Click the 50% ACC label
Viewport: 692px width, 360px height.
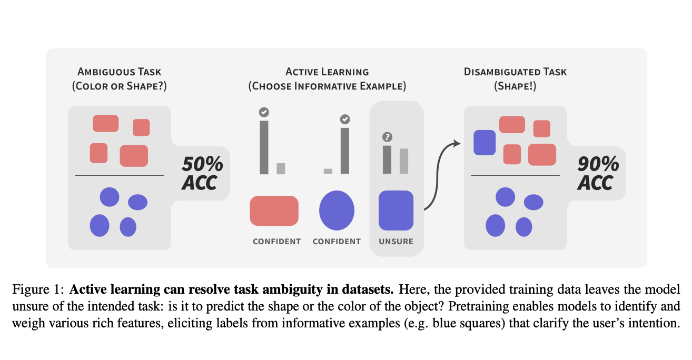pyautogui.click(x=202, y=173)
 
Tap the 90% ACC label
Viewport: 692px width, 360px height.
pyautogui.click(x=598, y=173)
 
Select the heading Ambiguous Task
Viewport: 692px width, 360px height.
pyautogui.click(x=119, y=72)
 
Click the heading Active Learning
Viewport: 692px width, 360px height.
pyautogui.click(x=327, y=72)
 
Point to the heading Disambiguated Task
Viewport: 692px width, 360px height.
pyautogui.click(x=515, y=72)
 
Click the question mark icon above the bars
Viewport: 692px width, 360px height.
pyautogui.click(x=387, y=137)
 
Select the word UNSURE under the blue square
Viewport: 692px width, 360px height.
pyautogui.click(x=396, y=242)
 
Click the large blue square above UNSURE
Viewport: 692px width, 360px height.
pyautogui.click(x=396, y=210)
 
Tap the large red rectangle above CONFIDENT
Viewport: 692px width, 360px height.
pyautogui.click(x=274, y=211)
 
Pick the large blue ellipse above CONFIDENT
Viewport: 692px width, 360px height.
pyautogui.click(x=337, y=210)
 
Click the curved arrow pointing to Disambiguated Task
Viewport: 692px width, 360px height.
pyautogui.click(x=437, y=174)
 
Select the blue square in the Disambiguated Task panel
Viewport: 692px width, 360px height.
pyautogui.click(x=485, y=143)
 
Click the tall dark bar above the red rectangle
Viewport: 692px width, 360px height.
pyautogui.click(x=264, y=147)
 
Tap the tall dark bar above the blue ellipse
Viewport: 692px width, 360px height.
pyautogui.click(x=344, y=151)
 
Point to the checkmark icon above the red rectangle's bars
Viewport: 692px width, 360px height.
pyautogui.click(x=264, y=112)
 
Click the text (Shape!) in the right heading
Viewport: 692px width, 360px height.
pyautogui.click(x=515, y=86)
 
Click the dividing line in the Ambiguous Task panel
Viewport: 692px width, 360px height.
pyautogui.click(x=120, y=175)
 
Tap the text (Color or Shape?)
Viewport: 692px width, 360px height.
pyautogui.click(x=119, y=86)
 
